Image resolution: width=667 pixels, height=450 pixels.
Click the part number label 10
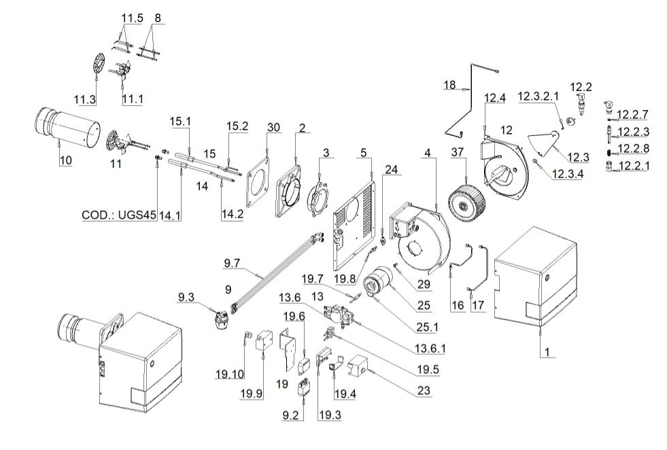click(x=64, y=160)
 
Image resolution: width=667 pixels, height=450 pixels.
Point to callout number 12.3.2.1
click(x=539, y=97)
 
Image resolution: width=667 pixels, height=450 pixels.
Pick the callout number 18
click(x=449, y=85)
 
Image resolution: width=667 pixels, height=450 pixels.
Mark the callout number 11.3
click(x=86, y=100)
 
